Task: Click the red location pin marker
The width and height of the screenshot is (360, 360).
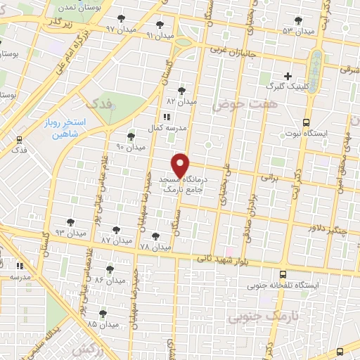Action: tap(181, 165)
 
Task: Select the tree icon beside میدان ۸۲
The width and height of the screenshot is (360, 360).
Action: tap(182, 91)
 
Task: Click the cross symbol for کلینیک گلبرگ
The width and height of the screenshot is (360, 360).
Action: tap(288, 76)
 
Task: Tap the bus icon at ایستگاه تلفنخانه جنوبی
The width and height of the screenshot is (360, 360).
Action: tap(283, 275)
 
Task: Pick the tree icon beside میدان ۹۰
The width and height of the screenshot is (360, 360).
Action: tap(131, 136)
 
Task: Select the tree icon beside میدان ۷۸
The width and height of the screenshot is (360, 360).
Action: tap(156, 236)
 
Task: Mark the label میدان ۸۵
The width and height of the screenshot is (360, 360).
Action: tap(103, 325)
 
